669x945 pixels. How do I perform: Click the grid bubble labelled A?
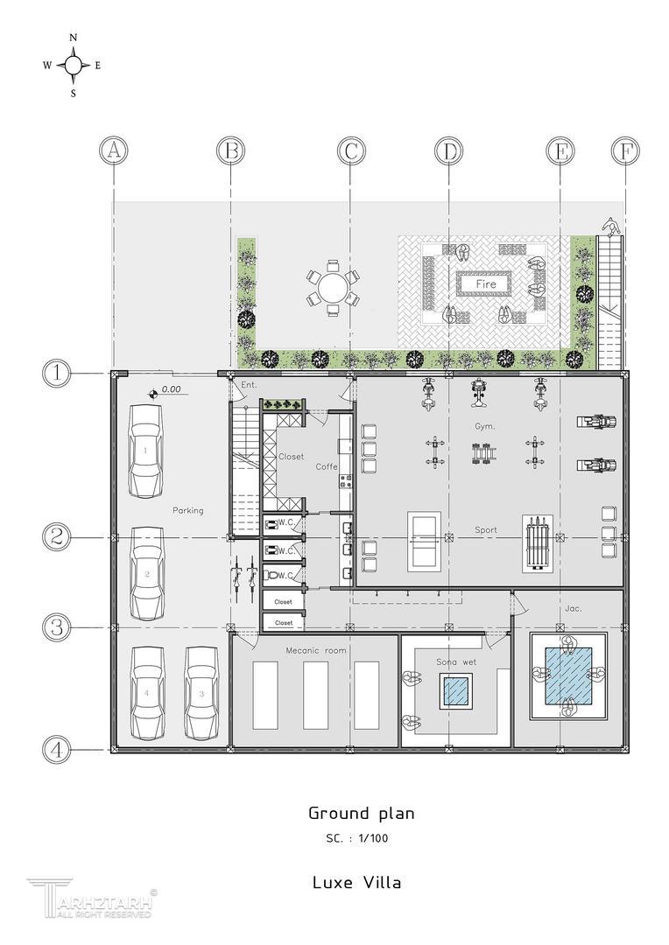[114, 150]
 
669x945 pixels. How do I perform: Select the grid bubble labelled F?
[625, 150]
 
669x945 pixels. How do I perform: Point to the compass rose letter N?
[74, 38]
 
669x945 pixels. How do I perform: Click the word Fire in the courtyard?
[486, 283]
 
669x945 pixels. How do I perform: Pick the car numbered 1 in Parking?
[145, 451]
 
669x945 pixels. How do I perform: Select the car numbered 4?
[146, 694]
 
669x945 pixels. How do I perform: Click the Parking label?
[188, 510]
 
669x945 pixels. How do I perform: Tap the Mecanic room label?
[316, 650]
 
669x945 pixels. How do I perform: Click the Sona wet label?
[457, 661]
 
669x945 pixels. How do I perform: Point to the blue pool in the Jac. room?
[568, 675]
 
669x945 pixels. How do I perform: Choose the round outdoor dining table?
[334, 288]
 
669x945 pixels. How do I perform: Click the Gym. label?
[485, 426]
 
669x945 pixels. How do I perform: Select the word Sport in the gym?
[486, 529]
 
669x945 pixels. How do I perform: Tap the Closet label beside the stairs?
[292, 457]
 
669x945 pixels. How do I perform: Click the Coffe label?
[327, 466]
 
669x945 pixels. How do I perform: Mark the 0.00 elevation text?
[172, 389]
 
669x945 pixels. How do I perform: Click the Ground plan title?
[362, 814]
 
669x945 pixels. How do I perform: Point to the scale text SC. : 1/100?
[356, 838]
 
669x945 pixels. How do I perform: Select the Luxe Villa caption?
[356, 883]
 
